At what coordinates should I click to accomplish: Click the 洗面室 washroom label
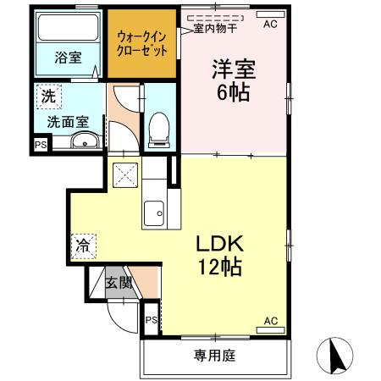[x=68, y=121]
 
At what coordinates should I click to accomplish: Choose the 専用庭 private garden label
[x=214, y=355]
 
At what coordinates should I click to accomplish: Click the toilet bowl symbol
[x=157, y=130]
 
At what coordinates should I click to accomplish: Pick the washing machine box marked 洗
[x=48, y=97]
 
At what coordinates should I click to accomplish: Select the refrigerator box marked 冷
[x=83, y=247]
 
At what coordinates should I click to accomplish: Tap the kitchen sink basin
[x=154, y=213]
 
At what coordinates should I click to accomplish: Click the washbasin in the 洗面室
[x=85, y=143]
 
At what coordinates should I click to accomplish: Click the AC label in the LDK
[x=271, y=321]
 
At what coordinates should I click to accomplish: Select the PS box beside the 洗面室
[x=41, y=145]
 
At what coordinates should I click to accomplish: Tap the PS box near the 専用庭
[x=151, y=320]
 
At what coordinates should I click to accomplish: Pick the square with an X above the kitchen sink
[x=125, y=173]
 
